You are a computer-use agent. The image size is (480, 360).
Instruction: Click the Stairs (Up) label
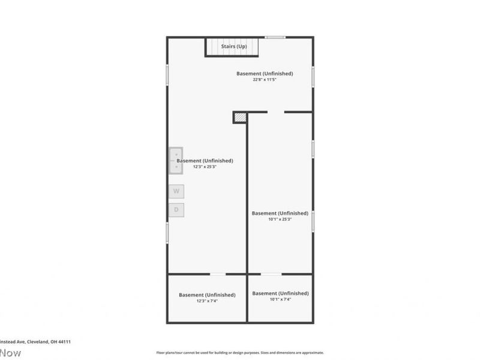(234, 46)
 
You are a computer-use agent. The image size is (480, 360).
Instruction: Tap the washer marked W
(176, 191)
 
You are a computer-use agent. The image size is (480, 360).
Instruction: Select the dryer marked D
(176, 210)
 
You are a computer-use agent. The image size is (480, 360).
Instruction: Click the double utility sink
(176, 160)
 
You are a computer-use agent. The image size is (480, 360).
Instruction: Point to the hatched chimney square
(240, 117)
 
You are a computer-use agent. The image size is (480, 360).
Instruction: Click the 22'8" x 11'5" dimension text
(264, 80)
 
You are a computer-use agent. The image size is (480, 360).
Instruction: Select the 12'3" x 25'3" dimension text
(205, 167)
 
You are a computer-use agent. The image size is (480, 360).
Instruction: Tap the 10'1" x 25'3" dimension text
(280, 220)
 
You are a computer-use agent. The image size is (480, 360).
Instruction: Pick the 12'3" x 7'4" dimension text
(207, 301)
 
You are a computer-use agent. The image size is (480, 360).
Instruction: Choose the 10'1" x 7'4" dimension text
(280, 299)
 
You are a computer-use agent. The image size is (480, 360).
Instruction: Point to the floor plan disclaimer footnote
(240, 353)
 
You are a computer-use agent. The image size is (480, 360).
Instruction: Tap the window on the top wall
(275, 38)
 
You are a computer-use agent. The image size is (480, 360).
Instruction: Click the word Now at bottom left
(10, 353)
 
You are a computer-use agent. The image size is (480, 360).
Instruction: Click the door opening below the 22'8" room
(276, 112)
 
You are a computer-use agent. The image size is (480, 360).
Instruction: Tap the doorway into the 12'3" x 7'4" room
(218, 274)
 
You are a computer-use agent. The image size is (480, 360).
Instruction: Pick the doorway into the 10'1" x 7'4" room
(271, 274)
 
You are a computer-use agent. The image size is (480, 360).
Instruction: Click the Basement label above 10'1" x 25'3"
(280, 213)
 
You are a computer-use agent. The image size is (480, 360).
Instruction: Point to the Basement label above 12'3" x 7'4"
(207, 295)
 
